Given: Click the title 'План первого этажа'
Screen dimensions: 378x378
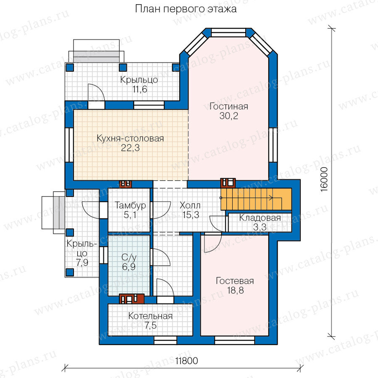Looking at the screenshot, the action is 186,9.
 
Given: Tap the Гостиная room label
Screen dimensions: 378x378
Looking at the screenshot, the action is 228,106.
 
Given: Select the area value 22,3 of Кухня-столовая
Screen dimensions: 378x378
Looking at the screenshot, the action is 130,148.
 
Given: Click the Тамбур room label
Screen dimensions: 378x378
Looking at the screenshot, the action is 130,205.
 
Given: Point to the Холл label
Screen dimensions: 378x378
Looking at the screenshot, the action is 190,205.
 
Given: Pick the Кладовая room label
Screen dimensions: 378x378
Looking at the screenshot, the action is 260,218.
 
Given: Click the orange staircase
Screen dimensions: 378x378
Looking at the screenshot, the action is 256,199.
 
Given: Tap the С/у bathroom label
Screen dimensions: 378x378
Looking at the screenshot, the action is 129,257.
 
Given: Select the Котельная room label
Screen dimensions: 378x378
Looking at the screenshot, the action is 150,316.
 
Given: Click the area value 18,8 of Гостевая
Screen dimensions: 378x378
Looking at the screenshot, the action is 235,291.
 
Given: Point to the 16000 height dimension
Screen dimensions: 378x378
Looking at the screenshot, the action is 325,179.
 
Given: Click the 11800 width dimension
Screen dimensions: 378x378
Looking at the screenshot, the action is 186,361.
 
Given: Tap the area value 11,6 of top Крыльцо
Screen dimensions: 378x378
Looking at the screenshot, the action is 139,89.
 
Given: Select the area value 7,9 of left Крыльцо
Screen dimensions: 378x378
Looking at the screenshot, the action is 82,262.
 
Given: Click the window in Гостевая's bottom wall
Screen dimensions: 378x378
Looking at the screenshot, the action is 234,340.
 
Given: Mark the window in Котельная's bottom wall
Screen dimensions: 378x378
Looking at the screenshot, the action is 165,340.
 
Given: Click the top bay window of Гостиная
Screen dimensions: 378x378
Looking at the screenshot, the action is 228,32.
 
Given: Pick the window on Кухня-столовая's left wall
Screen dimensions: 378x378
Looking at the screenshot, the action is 69,145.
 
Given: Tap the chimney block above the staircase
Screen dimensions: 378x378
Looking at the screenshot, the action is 228,183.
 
